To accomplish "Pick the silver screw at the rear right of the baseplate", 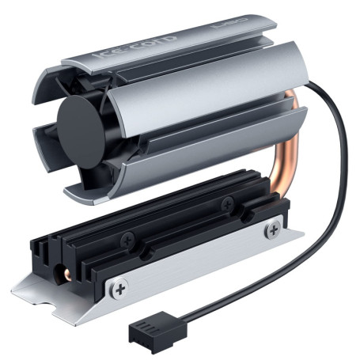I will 273,229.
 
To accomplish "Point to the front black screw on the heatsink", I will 128,237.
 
